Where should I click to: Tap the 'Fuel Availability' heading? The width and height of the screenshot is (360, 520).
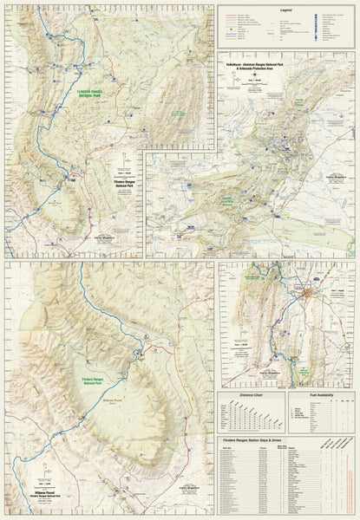(322, 397)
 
